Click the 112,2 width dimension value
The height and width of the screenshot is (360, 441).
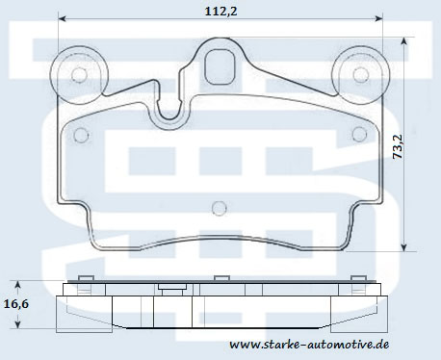[221, 12]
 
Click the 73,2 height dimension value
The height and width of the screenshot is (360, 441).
[398, 146]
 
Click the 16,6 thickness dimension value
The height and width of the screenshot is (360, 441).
[16, 303]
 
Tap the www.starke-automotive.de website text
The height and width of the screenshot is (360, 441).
[309, 345]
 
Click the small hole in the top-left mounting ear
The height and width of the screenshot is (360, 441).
[79, 75]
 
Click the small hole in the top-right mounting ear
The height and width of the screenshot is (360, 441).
[360, 74]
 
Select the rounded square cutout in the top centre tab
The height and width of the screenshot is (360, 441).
[220, 66]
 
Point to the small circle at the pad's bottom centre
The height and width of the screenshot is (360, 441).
[220, 208]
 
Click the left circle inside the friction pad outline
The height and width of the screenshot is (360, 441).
[81, 135]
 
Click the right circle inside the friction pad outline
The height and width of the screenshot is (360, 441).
[359, 134]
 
